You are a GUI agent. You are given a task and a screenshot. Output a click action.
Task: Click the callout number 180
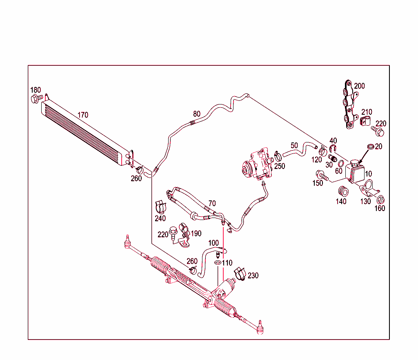click(36, 90)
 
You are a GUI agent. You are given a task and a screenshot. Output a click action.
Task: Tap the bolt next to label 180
click(36, 98)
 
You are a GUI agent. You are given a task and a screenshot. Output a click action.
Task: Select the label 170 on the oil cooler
click(83, 115)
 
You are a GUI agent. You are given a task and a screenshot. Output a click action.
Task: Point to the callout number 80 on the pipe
click(197, 113)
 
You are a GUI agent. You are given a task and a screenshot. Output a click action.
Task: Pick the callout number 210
click(367, 112)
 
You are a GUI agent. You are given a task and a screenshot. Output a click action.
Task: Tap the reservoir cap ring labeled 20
click(371, 147)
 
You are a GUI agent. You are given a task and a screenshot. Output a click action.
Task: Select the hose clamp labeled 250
click(278, 155)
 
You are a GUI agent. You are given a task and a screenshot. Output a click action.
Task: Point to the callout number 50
click(295, 145)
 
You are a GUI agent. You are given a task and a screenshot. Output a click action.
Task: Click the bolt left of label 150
click(322, 176)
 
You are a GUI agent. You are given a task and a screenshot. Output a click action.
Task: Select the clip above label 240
click(160, 206)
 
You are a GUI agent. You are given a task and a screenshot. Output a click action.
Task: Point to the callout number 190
click(196, 233)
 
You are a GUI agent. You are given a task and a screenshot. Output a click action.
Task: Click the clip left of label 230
click(239, 274)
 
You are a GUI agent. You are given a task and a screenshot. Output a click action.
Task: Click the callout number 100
click(213, 243)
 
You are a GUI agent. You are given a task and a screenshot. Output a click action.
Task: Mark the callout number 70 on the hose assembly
click(212, 203)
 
